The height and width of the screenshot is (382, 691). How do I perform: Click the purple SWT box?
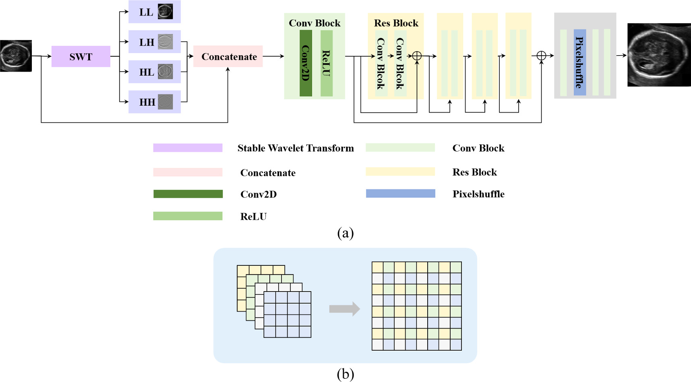tap(81, 56)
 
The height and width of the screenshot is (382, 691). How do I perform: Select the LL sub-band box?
tap(154, 12)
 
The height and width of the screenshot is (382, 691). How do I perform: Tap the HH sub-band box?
tap(154, 102)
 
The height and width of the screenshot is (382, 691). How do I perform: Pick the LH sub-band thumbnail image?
tap(165, 42)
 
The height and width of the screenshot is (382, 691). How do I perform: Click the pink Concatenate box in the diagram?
tap(228, 56)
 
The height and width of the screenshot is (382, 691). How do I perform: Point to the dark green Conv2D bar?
tap(306, 63)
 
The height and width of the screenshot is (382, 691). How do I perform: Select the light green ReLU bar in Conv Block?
tap(327, 63)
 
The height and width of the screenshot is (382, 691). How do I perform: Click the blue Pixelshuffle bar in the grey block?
tap(579, 62)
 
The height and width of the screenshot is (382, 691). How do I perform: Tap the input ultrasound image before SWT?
tap(16, 56)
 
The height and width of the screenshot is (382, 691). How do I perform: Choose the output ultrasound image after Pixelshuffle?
tap(659, 55)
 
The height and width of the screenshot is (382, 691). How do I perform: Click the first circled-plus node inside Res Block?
tap(417, 56)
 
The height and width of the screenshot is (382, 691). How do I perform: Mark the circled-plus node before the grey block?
tap(541, 56)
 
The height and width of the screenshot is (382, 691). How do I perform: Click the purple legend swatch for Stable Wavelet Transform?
tap(188, 148)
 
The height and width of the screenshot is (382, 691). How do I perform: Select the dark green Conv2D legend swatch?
tap(188, 194)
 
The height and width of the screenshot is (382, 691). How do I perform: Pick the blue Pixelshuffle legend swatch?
tap(400, 193)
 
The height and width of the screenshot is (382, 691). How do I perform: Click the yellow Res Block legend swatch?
tap(400, 172)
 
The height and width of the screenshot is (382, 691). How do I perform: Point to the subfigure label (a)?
tap(345, 233)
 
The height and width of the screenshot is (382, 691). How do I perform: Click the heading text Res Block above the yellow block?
tap(396, 23)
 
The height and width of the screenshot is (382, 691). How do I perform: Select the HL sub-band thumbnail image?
tap(165, 72)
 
